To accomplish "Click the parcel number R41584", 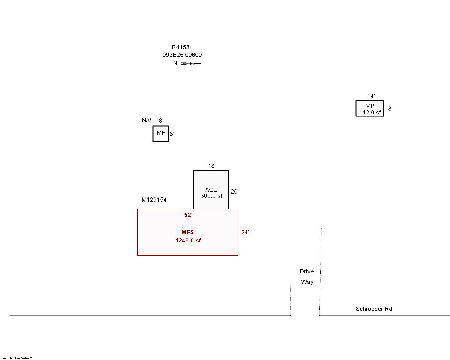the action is click(x=182, y=47).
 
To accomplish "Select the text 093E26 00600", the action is click(x=182, y=55).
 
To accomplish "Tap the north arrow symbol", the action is click(x=191, y=63).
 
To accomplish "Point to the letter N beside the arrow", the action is click(x=175, y=63).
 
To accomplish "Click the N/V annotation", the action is click(x=147, y=120).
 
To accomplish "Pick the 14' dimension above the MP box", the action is click(x=371, y=96).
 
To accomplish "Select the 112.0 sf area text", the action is click(x=370, y=112).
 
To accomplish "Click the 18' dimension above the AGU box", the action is click(x=211, y=166).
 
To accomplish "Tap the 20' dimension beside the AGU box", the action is click(x=234, y=192).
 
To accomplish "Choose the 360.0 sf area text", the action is click(x=211, y=196).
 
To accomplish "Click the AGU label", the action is click(x=211, y=190).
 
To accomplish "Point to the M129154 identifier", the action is click(x=154, y=200).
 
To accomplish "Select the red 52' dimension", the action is click(x=188, y=215).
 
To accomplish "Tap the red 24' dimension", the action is click(x=245, y=232).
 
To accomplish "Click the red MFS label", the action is click(x=188, y=232).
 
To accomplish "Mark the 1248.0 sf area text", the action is click(x=188, y=240).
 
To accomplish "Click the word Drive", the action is click(x=307, y=271).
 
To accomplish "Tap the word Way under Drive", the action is click(x=307, y=282).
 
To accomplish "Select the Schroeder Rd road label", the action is click(x=374, y=309).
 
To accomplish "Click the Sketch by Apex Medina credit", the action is click(x=17, y=358).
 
